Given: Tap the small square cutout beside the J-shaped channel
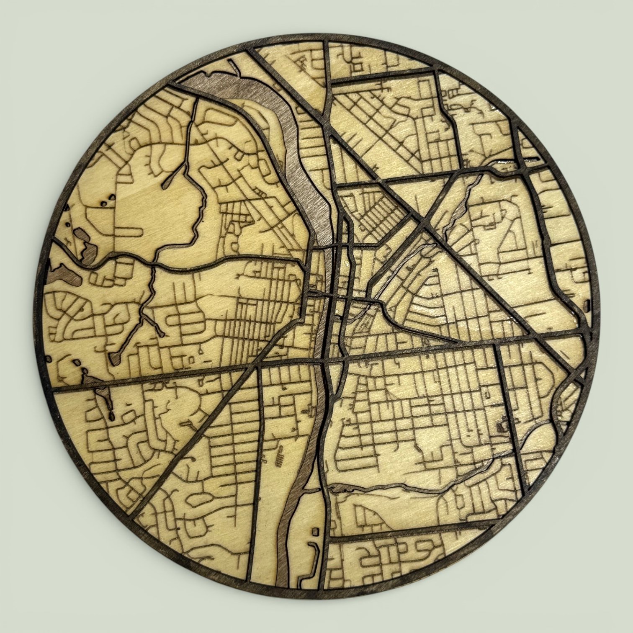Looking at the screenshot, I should coord(314,532).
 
